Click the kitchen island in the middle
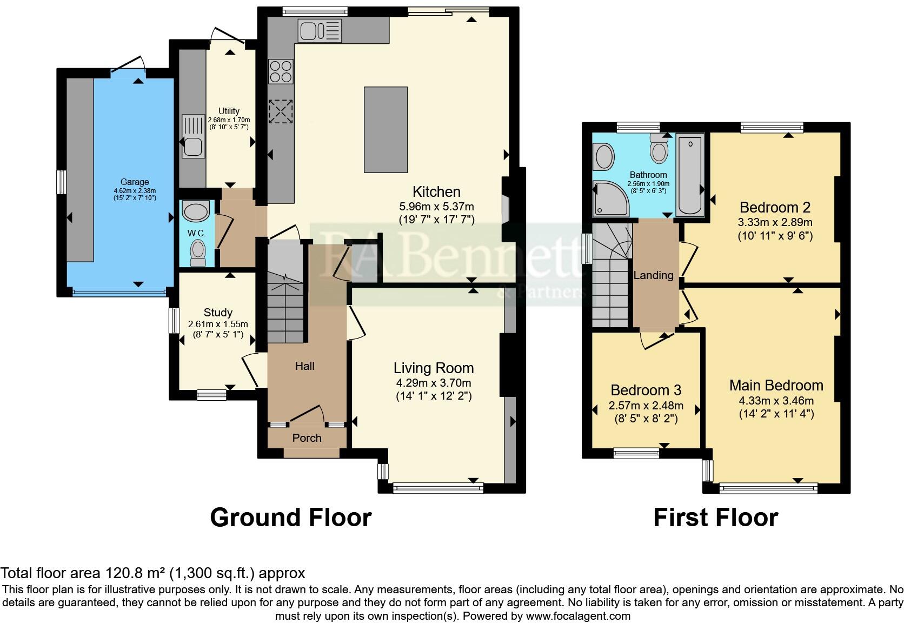(385, 130)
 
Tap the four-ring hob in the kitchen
(281, 71)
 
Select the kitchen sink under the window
(320, 31)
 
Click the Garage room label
(135, 182)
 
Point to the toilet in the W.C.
(198, 253)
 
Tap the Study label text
(218, 313)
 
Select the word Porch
(307, 438)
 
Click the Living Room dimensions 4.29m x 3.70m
(433, 383)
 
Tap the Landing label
(653, 275)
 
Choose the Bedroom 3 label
(646, 390)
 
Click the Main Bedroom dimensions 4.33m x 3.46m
(776, 401)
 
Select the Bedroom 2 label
(775, 207)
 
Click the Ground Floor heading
(290, 518)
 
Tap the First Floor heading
(715, 518)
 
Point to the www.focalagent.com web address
(577, 616)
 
